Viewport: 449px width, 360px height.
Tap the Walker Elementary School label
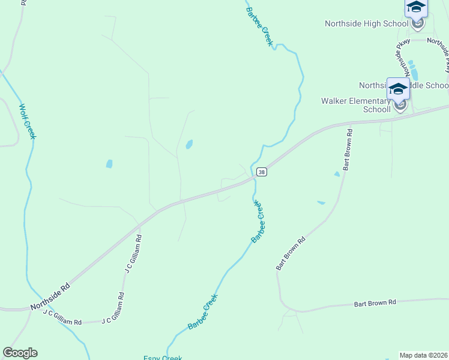pyautogui.click(x=355, y=105)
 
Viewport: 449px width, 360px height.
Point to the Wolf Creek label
pyautogui.click(x=28, y=121)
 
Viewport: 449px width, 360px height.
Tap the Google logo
pyautogui.click(x=20, y=353)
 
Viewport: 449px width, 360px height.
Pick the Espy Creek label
pyautogui.click(x=163, y=358)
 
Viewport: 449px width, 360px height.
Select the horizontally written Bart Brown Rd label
pyautogui.click(x=375, y=303)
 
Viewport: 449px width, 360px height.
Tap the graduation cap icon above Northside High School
pyautogui.click(x=415, y=7)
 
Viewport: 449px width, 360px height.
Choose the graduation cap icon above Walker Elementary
pyautogui.click(x=398, y=89)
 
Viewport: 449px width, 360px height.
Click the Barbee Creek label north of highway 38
pyautogui.click(x=259, y=23)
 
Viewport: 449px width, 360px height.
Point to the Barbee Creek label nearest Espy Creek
pyautogui.click(x=202, y=311)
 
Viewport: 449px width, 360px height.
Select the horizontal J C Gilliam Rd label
pyautogui.click(x=62, y=318)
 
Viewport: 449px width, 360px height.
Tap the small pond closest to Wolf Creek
pyautogui.click(x=109, y=164)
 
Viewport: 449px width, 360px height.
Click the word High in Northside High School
pyautogui.click(x=374, y=23)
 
